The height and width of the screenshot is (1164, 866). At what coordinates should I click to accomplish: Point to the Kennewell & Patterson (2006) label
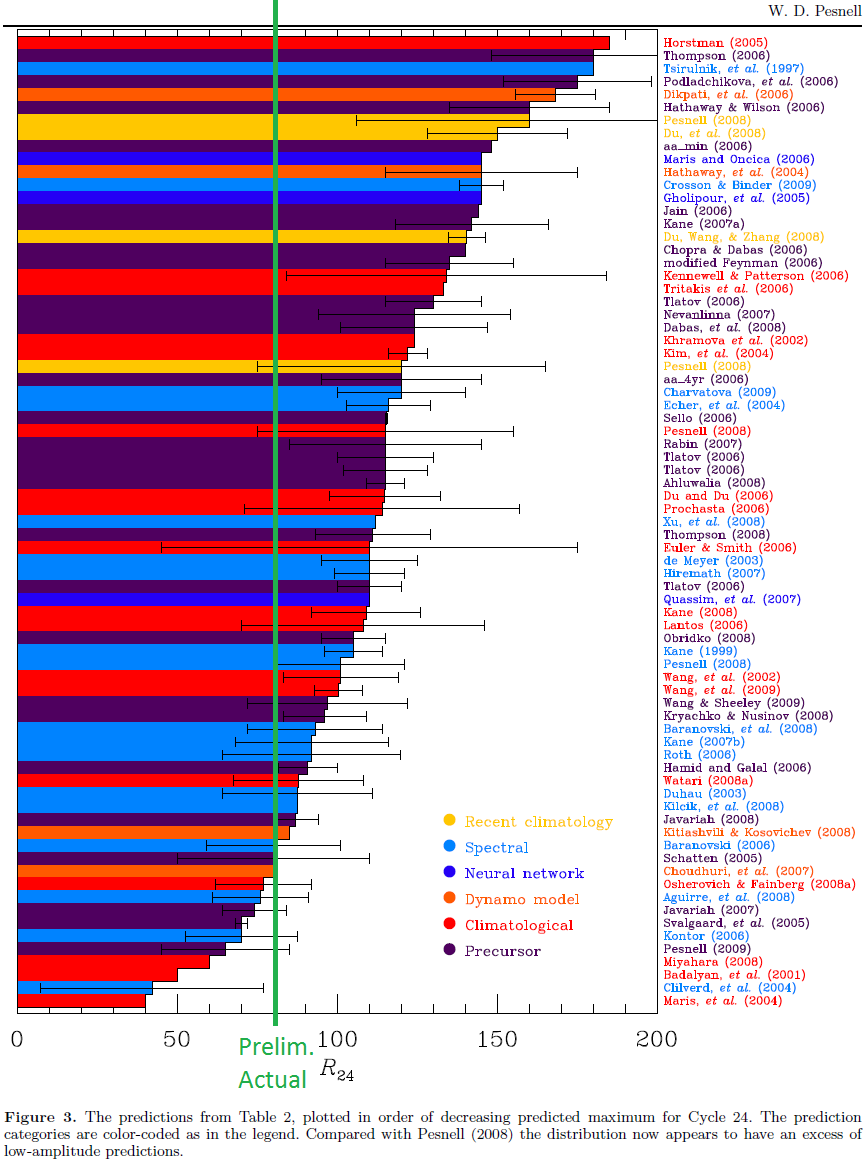coord(755,276)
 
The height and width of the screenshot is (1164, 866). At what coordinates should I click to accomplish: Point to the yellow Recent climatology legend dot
coord(450,821)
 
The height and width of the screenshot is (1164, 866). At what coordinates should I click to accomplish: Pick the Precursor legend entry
coord(503,951)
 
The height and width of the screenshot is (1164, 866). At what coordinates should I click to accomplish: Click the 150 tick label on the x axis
coord(497,1037)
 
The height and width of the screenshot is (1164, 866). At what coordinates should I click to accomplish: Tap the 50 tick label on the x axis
coord(177,1037)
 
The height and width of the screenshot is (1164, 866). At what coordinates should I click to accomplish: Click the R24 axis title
coord(337,1071)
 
